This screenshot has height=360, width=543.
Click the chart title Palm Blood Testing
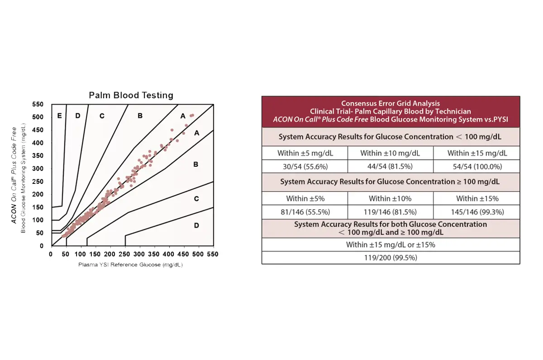tap(131, 96)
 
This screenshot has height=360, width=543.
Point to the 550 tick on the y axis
tap(38, 104)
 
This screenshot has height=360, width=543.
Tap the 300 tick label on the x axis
tap(139, 254)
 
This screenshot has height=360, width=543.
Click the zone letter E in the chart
tap(59, 116)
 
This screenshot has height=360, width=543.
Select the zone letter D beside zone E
tap(78, 116)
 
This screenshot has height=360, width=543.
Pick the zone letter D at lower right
tap(196, 226)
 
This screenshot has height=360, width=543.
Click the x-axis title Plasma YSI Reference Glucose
tap(130, 264)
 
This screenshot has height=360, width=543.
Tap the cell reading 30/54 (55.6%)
tap(305, 167)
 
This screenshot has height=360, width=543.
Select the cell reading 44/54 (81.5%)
tap(390, 167)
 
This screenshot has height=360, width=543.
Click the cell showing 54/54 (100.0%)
tap(477, 167)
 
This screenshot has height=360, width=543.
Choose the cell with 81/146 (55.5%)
tap(305, 212)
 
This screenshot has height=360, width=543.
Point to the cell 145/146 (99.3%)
tap(477, 212)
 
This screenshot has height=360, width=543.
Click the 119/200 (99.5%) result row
tap(391, 258)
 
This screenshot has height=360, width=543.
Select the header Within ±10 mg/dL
tap(390, 153)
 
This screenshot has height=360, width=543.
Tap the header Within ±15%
tap(477, 199)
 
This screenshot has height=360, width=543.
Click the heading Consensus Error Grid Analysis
tap(390, 103)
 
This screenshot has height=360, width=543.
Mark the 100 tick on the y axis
tap(38, 220)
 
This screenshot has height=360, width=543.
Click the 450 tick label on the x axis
tap(183, 254)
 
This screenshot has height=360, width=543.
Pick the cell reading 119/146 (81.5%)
tap(390, 212)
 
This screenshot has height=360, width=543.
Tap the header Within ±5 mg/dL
tap(305, 153)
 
